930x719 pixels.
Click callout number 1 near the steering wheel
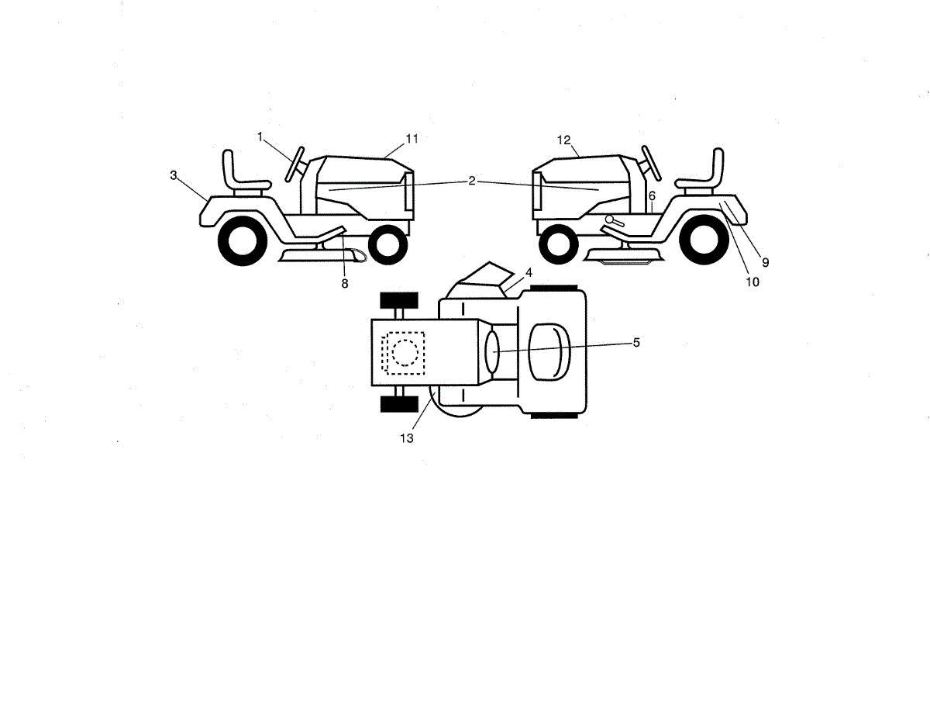pos(260,137)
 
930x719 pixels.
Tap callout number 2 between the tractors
pos(471,181)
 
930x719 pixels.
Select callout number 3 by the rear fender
pos(174,175)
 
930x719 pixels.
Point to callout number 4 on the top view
pos(529,273)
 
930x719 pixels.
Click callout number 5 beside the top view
pos(636,342)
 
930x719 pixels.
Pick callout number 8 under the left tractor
pos(345,283)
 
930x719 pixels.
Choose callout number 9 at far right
pos(765,263)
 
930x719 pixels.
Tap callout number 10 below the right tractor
pos(753,282)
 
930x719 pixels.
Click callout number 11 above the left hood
pos(412,139)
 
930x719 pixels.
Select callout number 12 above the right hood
pos(563,140)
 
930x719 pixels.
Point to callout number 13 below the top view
pos(407,438)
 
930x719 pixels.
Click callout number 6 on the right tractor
pos(653,196)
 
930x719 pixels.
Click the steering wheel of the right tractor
pos(649,162)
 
